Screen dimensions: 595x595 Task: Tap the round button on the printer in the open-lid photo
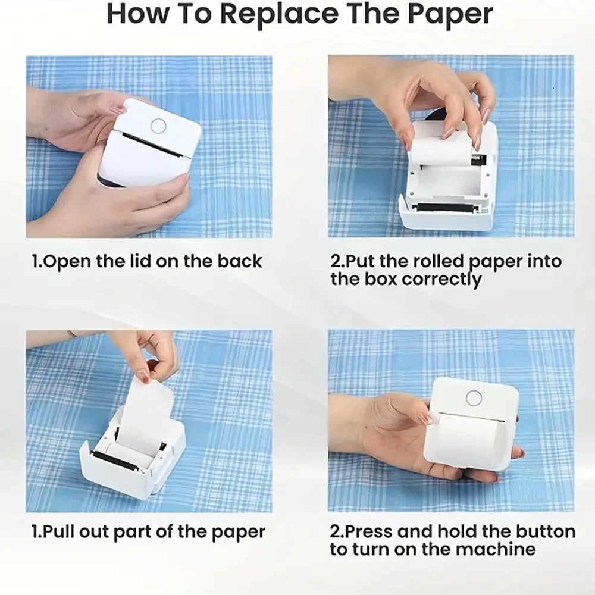point(158,125)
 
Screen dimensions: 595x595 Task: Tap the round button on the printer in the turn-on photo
point(474,397)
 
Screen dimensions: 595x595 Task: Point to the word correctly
point(441,279)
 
